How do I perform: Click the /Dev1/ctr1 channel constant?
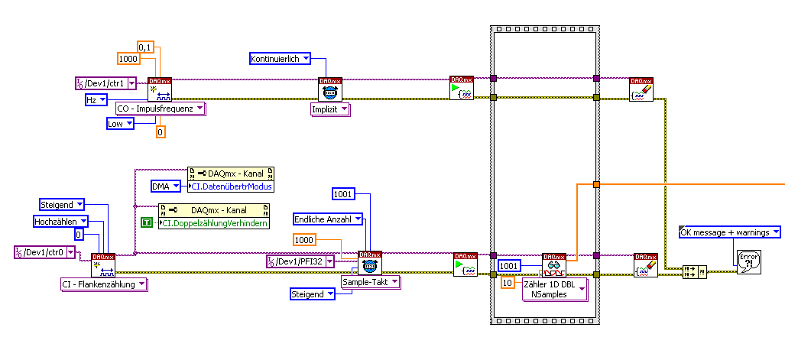click(105, 83)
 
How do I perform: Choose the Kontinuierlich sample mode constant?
click(281, 58)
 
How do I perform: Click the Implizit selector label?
click(329, 110)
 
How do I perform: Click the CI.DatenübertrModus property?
click(230, 186)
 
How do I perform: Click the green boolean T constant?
click(147, 222)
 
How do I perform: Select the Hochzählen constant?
click(60, 222)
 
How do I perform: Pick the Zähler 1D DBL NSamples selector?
click(554, 289)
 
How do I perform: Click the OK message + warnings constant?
click(729, 232)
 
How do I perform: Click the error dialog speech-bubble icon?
click(749, 259)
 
